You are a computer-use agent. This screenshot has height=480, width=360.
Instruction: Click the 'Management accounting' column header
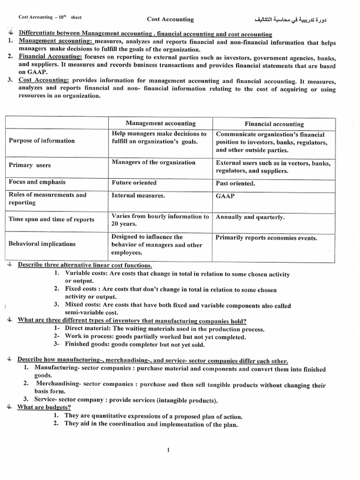161,123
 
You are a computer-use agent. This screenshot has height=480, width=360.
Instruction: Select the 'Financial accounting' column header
274,124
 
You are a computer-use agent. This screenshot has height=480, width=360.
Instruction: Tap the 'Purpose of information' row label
42,141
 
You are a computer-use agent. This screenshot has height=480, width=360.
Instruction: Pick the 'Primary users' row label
30,165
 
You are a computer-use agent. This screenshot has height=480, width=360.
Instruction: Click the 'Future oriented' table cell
134,183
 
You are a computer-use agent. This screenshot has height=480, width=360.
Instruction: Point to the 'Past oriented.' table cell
235,183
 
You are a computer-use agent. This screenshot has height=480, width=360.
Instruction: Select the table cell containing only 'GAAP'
225,196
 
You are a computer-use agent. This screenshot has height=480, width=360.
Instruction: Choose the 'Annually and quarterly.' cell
250,217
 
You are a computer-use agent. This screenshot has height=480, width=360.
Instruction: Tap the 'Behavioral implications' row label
42,244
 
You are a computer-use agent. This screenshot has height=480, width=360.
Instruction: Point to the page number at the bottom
168,450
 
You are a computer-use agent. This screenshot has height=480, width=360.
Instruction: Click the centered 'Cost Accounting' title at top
170,19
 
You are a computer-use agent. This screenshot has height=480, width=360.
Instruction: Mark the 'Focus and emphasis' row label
37,182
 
